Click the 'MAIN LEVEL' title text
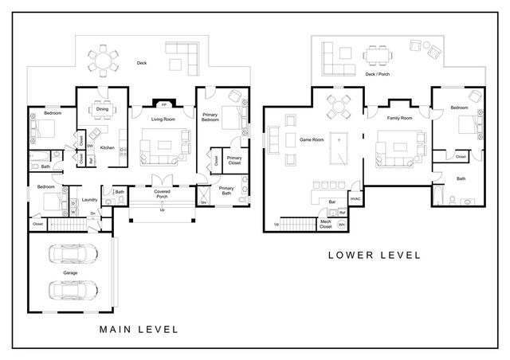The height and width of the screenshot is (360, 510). (138, 328)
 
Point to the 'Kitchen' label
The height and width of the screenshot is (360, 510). (108, 147)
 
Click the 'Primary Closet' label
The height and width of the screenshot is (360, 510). (234, 160)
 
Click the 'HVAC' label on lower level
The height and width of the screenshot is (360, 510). (355, 198)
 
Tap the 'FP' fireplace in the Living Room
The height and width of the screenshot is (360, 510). (164, 104)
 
